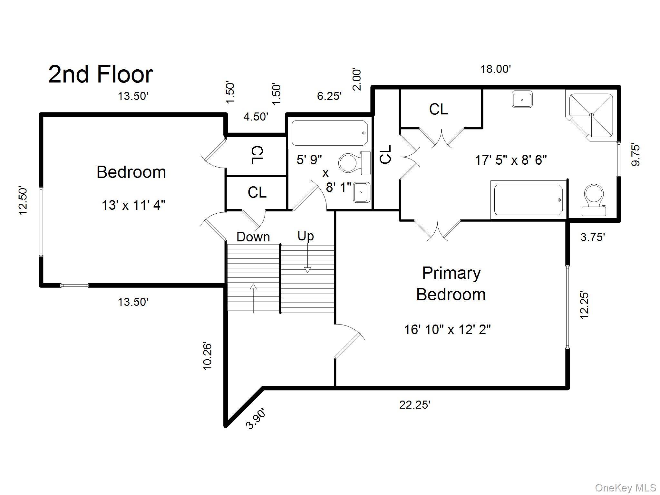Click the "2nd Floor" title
click(x=101, y=74)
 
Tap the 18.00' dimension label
click(x=496, y=69)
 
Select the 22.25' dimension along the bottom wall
click(x=415, y=404)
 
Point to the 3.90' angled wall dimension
click(x=257, y=418)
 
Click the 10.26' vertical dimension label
click(x=208, y=356)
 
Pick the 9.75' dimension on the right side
click(x=636, y=155)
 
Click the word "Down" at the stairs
click(x=253, y=237)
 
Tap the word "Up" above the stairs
click(x=306, y=236)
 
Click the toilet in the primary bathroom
click(x=594, y=200)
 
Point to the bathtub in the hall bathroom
click(x=329, y=133)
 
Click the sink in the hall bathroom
click(x=362, y=192)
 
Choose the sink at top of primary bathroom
click(x=522, y=99)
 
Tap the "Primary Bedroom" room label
click(x=451, y=284)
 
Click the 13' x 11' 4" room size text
click(x=133, y=205)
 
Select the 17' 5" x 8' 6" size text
click(x=511, y=160)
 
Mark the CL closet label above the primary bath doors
click(x=439, y=109)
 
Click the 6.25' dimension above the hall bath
click(x=329, y=96)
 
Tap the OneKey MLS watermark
click(x=626, y=488)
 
